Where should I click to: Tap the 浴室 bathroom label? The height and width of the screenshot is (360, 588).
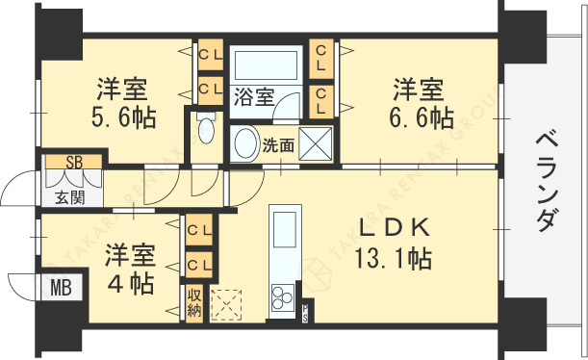[x=253, y=96]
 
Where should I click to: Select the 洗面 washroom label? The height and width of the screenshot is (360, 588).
[x=278, y=146]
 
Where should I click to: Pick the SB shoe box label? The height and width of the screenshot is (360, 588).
[x=73, y=161]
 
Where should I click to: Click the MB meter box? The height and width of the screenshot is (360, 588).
[x=60, y=286]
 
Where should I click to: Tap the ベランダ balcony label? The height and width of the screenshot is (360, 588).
[x=545, y=181]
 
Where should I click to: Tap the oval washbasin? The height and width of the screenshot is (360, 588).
[x=244, y=143]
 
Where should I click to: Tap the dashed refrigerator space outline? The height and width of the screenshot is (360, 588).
[x=229, y=303]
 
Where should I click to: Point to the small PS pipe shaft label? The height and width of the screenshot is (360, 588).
[x=305, y=311]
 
